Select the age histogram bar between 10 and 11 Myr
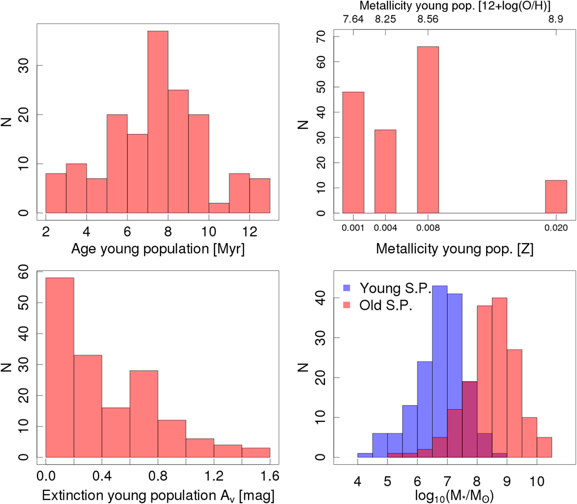click(219, 208)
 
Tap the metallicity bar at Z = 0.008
click(427, 130)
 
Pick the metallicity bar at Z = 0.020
click(556, 197)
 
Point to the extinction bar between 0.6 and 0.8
click(143, 414)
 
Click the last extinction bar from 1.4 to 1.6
click(256, 453)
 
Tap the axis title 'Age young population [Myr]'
click(158, 249)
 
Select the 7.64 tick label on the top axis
click(353, 19)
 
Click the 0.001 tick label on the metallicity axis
click(353, 228)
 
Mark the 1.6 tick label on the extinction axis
click(270, 476)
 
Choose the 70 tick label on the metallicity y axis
click(321, 37)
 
